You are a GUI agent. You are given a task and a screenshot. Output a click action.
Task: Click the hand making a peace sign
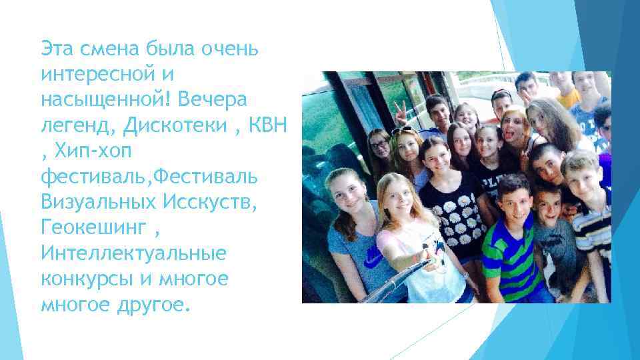(400, 114)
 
